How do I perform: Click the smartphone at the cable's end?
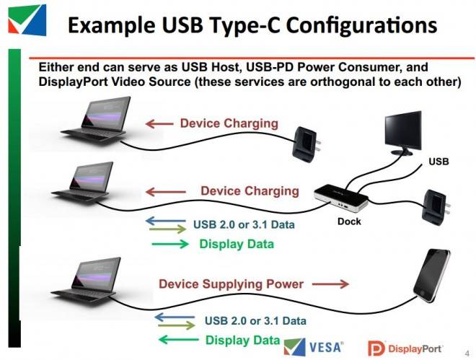(432, 276)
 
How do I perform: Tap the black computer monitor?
(403, 133)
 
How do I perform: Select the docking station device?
(340, 198)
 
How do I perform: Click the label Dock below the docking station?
(349, 221)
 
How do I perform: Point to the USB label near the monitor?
(438, 161)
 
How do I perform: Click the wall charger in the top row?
(306, 144)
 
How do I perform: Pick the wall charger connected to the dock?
(436, 205)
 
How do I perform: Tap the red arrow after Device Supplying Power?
(330, 284)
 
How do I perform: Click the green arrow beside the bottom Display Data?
(179, 339)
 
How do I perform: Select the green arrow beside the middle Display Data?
(170, 244)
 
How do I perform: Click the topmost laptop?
(96, 119)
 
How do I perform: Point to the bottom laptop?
(87, 281)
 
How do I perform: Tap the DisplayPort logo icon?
(376, 348)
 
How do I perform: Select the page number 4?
(467, 353)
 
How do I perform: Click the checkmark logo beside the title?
(27, 19)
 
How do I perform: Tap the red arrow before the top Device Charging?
(159, 123)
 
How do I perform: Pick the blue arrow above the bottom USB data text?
(175, 317)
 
